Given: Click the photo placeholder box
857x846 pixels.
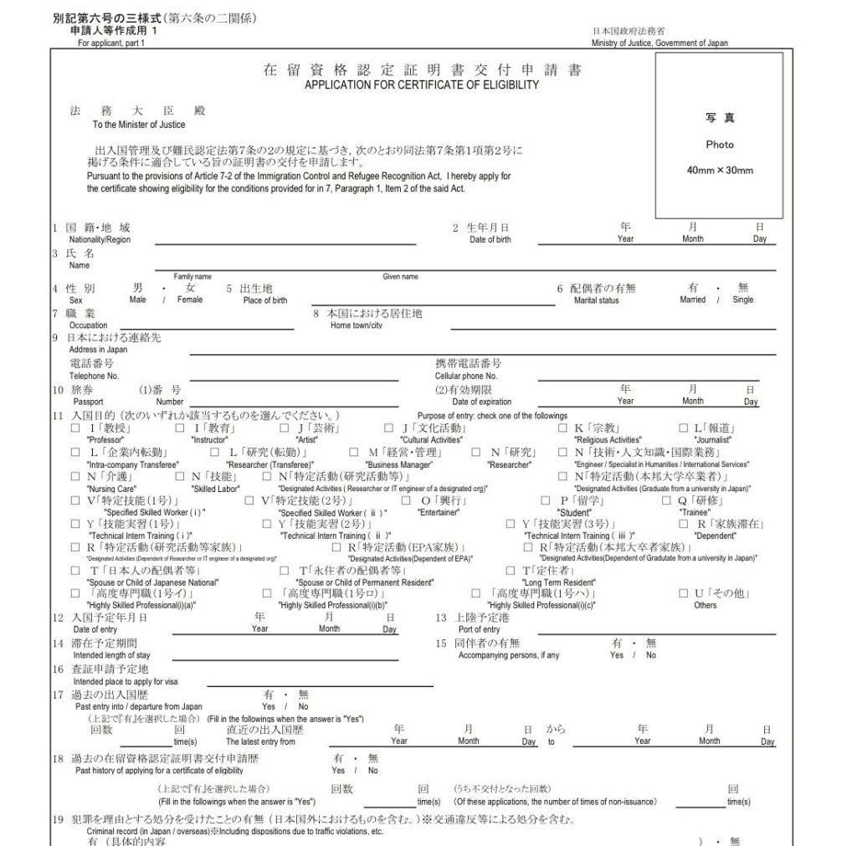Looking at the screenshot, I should click(719, 135).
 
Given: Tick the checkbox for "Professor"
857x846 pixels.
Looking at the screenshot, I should click(76, 428).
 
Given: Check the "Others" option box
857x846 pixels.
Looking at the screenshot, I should click(684, 593).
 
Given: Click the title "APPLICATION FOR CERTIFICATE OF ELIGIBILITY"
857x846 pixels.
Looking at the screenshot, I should click(422, 85).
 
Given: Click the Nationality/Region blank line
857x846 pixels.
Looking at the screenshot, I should click(285, 242).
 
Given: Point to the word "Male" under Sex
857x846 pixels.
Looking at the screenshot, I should click(138, 300).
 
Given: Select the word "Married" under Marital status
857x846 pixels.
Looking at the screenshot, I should click(693, 300).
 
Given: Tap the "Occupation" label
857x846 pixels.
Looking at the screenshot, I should click(88, 326).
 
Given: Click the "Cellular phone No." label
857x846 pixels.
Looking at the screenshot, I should click(466, 377).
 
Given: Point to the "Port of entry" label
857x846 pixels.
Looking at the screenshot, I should click(480, 629).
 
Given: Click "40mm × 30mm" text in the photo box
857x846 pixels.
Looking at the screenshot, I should click(719, 171).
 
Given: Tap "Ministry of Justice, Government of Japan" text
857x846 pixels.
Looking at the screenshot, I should click(659, 44).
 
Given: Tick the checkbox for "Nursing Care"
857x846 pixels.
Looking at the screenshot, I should click(76, 477).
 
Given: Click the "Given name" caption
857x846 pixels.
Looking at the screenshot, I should click(401, 277).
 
